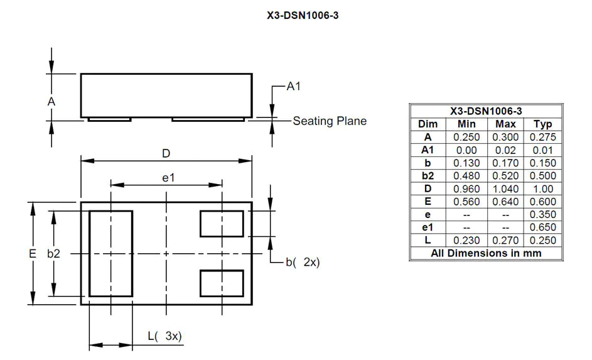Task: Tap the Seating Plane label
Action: (330, 121)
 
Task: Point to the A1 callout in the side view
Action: (293, 87)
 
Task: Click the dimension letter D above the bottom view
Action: (166, 153)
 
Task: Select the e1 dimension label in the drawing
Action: (168, 178)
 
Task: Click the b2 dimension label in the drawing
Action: (54, 254)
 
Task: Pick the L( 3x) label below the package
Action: (164, 336)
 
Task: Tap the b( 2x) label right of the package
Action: (303, 263)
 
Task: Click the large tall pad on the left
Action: (110, 253)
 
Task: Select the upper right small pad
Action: (222, 224)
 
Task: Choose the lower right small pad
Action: (222, 283)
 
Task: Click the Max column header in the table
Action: (505, 124)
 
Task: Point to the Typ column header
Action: (542, 124)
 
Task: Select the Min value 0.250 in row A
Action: (467, 137)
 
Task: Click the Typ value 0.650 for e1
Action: (542, 227)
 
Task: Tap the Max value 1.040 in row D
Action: (505, 188)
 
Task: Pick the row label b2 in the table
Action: (428, 176)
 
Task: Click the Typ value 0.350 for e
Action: (542, 214)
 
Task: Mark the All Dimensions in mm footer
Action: (486, 253)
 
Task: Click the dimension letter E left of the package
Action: (32, 254)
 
